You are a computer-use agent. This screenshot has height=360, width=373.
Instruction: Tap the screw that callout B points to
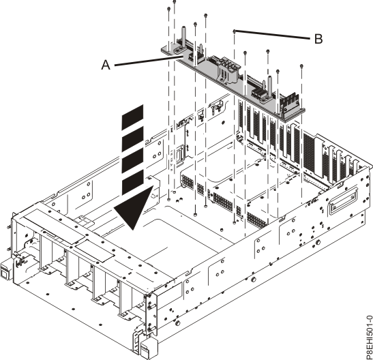point(235,31)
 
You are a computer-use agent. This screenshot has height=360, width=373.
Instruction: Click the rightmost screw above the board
point(301,65)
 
